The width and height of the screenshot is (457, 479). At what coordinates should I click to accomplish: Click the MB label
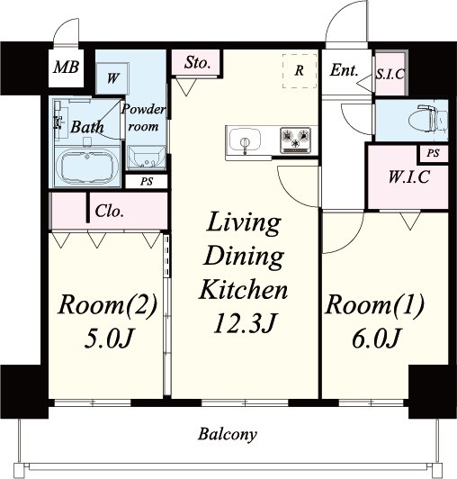pyautogui.click(x=67, y=68)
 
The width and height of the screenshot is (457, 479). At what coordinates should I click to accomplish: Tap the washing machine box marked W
pyautogui.click(x=112, y=78)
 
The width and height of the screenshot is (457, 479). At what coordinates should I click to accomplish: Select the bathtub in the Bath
pyautogui.click(x=86, y=167)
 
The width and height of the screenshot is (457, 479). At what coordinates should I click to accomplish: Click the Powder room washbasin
pyautogui.click(x=146, y=157)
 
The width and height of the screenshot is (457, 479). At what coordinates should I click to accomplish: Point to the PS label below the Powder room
pyautogui.click(x=147, y=182)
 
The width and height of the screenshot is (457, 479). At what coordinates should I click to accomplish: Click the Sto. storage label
pyautogui.click(x=197, y=63)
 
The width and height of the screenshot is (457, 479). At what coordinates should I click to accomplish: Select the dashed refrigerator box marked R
pyautogui.click(x=300, y=71)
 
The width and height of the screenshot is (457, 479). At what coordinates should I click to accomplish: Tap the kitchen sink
pyautogui.click(x=245, y=142)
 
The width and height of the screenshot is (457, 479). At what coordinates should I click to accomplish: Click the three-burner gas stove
pyautogui.click(x=295, y=140)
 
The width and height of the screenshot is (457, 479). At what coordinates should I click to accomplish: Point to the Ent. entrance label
pyautogui.click(x=344, y=70)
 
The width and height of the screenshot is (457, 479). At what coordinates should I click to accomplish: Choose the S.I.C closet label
pyautogui.click(x=390, y=74)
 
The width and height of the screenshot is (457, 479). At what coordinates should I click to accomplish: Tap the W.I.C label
pyautogui.click(x=409, y=176)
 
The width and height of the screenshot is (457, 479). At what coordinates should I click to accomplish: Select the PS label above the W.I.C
pyautogui.click(x=433, y=153)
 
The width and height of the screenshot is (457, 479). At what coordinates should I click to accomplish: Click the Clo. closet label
pyautogui.click(x=109, y=211)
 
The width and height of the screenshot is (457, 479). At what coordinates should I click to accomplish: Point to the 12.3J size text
pyautogui.click(x=245, y=322)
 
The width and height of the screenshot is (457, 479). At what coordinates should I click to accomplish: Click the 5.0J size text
pyautogui.click(x=109, y=339)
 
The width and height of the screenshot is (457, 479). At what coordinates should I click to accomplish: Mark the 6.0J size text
pyautogui.click(x=375, y=339)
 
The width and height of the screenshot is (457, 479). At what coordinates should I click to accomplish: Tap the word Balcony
pyautogui.click(x=228, y=434)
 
